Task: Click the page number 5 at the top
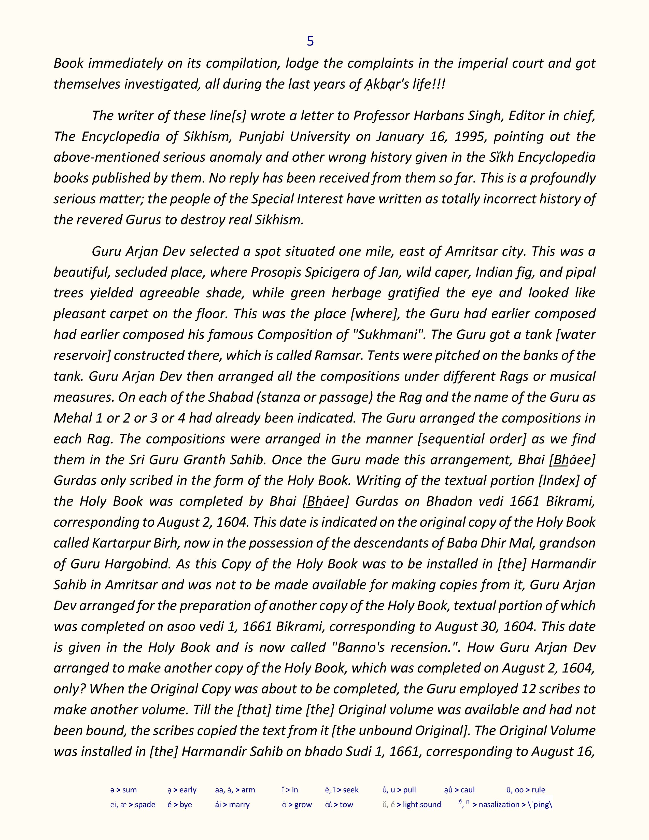(x=310, y=41)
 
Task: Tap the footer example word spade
(x=145, y=805)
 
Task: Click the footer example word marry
(x=239, y=805)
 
